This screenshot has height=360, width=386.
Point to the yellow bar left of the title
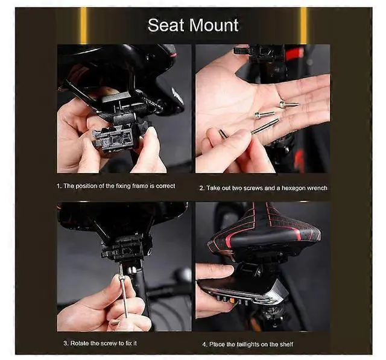(x=83, y=25)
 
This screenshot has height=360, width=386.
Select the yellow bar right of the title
(x=303, y=25)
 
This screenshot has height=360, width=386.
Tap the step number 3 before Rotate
(x=65, y=344)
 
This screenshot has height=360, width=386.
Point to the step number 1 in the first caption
(x=59, y=186)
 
